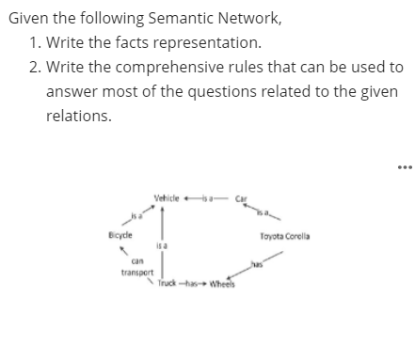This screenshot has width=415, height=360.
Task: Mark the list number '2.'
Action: (36, 68)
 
